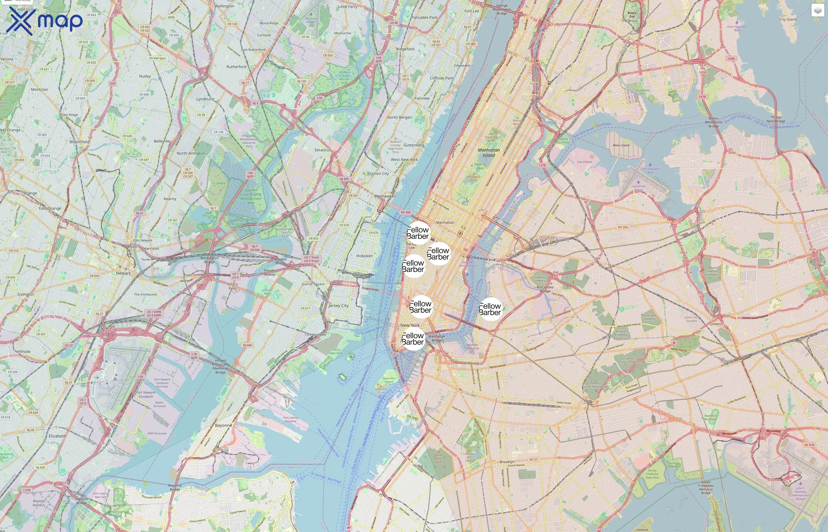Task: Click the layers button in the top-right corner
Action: pyautogui.click(x=817, y=10)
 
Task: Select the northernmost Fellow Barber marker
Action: pyautogui.click(x=418, y=233)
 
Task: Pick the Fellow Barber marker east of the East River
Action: pyautogui.click(x=490, y=309)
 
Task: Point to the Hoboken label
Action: pyautogui.click(x=364, y=256)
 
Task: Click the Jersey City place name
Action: pyautogui.click(x=338, y=306)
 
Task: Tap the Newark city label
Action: pyautogui.click(x=123, y=273)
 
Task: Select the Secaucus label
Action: pyautogui.click(x=322, y=150)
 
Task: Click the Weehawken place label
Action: pyautogui.click(x=385, y=196)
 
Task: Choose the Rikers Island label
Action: pyautogui.click(x=621, y=145)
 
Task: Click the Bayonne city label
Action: pyautogui.click(x=223, y=425)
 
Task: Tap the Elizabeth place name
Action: pyautogui.click(x=57, y=436)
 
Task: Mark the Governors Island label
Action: pyautogui.click(x=389, y=380)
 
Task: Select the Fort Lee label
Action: pyautogui.click(x=472, y=11)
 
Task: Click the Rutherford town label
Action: pyautogui.click(x=236, y=67)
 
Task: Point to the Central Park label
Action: pyautogui.click(x=480, y=166)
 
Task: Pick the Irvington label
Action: pyautogui.click(x=26, y=294)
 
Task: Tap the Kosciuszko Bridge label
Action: pyautogui.click(x=545, y=289)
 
